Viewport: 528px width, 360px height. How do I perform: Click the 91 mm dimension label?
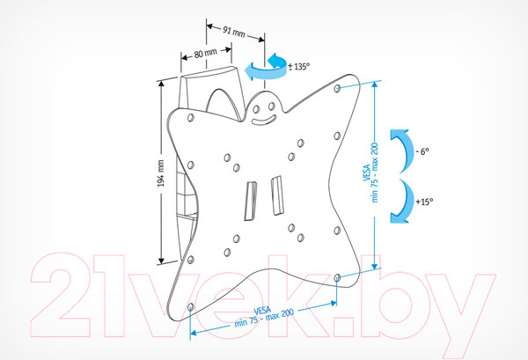click(x=234, y=32)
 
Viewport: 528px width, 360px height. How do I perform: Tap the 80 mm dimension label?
click(x=205, y=53)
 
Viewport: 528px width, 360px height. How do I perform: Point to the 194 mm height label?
click(x=161, y=173)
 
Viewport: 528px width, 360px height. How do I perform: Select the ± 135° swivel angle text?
click(x=298, y=66)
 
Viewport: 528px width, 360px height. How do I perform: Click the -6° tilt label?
click(x=422, y=151)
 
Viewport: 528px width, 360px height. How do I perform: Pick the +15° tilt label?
click(x=424, y=202)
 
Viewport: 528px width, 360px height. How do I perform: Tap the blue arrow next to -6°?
click(x=402, y=151)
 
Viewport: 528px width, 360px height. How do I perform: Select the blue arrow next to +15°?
click(x=402, y=201)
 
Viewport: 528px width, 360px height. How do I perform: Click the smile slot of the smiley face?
click(x=264, y=120)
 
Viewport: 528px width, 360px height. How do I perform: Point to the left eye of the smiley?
click(x=256, y=109)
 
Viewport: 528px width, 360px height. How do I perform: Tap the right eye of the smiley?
click(x=271, y=107)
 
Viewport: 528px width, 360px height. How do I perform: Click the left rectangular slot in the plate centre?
click(x=251, y=201)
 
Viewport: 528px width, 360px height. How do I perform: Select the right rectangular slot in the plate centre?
click(x=277, y=195)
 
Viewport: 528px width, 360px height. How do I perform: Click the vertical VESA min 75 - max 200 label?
click(x=370, y=173)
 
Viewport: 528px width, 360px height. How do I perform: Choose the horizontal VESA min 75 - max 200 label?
click(x=264, y=317)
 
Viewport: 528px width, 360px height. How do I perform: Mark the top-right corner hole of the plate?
click(x=337, y=88)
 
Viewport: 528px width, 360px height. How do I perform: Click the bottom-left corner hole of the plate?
click(x=191, y=307)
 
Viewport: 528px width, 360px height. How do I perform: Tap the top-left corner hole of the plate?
click(x=191, y=118)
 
